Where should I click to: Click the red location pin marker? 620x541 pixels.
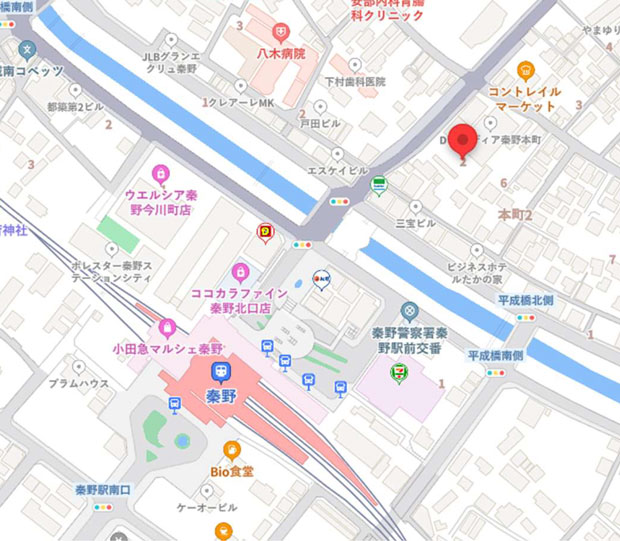(462, 141)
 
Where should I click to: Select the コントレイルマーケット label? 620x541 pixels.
(522, 99)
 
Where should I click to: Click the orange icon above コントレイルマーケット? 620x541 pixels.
(525, 69)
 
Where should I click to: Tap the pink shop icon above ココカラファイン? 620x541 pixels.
(239, 271)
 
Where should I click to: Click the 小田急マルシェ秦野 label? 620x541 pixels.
(168, 349)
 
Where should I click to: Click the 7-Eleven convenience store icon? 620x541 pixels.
(397, 373)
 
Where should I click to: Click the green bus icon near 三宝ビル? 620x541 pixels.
(379, 185)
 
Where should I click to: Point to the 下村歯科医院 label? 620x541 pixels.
(354, 81)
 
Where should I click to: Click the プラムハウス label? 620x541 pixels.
(81, 383)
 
